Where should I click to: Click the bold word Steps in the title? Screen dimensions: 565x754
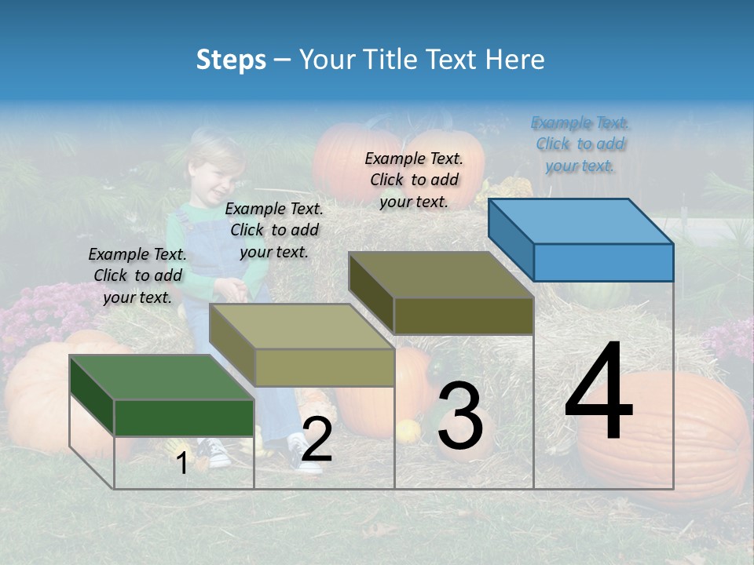click(231, 60)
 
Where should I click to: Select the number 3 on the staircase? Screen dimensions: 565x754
click(460, 416)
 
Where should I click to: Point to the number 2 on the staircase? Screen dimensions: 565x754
click(317, 439)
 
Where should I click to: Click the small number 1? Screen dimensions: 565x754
click(182, 463)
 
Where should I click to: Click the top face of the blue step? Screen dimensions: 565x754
click(580, 221)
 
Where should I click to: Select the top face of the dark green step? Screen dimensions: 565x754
click(161, 377)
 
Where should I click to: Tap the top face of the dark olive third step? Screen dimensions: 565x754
click(440, 275)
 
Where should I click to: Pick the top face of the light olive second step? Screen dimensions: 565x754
click(301, 326)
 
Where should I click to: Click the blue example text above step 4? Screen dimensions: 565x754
click(580, 144)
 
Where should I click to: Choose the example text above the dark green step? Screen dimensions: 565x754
click(137, 275)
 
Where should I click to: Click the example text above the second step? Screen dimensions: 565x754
click(274, 230)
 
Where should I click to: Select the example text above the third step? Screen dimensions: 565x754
click(414, 180)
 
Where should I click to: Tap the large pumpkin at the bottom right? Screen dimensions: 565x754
click(668, 439)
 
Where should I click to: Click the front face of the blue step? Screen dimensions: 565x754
click(603, 262)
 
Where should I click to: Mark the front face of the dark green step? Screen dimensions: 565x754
click(184, 417)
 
